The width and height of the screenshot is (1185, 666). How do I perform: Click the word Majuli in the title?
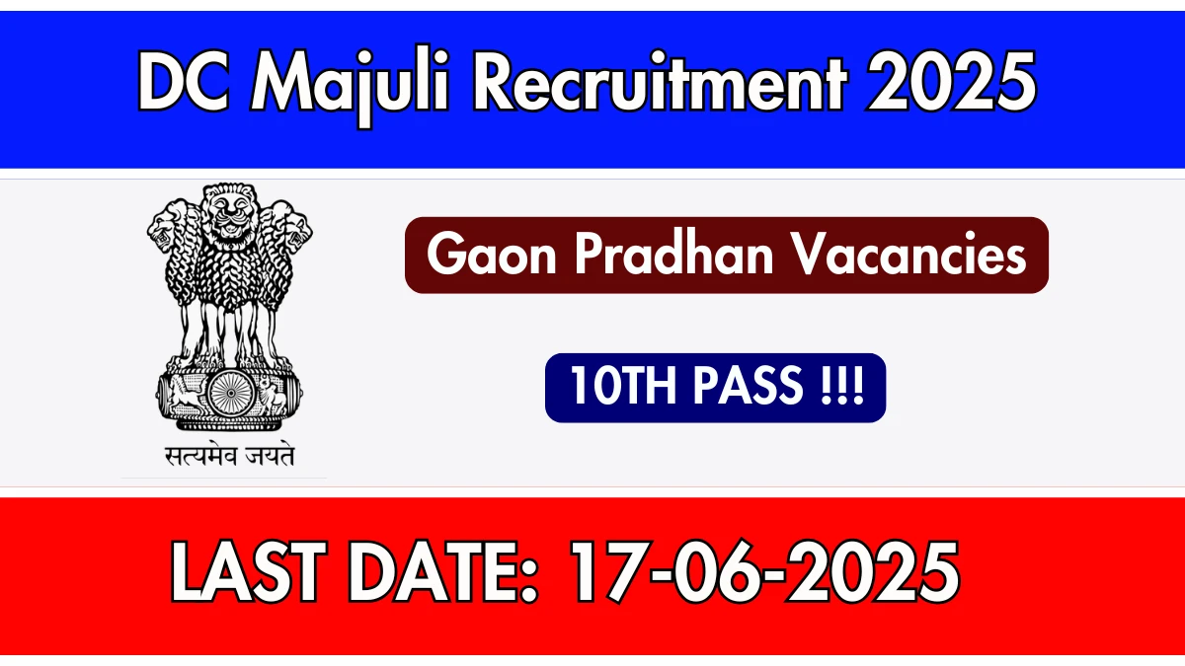coord(351,85)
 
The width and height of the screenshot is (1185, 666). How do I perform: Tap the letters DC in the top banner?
coord(184,81)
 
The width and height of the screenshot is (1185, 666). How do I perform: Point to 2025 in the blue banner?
coord(951,81)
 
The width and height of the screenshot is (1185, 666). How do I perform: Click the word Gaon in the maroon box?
coord(492,255)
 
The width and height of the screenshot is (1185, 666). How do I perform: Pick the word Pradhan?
coord(675,255)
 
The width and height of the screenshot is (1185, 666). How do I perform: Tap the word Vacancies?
coord(909,255)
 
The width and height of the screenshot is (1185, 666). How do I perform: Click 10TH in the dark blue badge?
coord(626,386)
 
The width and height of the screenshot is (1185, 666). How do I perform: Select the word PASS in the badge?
coord(749,386)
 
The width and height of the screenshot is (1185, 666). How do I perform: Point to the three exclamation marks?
coord(842,386)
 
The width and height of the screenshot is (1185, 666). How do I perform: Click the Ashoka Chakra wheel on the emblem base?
coord(230,394)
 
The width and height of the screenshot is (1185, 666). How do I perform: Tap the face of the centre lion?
coord(230,211)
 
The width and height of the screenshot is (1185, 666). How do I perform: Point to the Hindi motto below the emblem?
coord(229,456)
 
